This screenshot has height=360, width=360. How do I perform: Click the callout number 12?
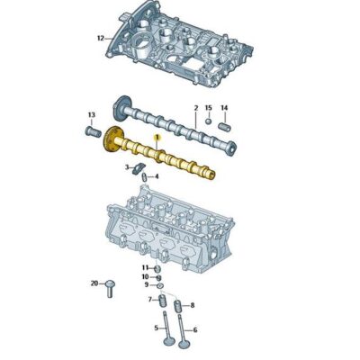[101, 38]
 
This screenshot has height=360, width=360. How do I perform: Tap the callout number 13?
[91, 115]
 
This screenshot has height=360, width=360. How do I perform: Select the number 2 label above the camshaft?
[195, 107]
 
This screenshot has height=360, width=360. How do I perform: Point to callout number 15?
[208, 107]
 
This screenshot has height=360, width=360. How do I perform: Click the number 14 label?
[225, 107]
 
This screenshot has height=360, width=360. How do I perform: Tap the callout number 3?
[127, 166]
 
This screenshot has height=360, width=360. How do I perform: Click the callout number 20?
[93, 283]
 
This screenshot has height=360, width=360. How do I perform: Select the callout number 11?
[145, 267]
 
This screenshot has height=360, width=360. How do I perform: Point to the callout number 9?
[146, 285]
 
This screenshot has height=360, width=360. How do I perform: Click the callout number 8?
[192, 305]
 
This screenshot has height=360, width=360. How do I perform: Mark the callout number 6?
[195, 329]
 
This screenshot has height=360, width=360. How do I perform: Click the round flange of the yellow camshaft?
[113, 140]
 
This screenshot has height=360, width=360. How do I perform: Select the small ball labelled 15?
[208, 121]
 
